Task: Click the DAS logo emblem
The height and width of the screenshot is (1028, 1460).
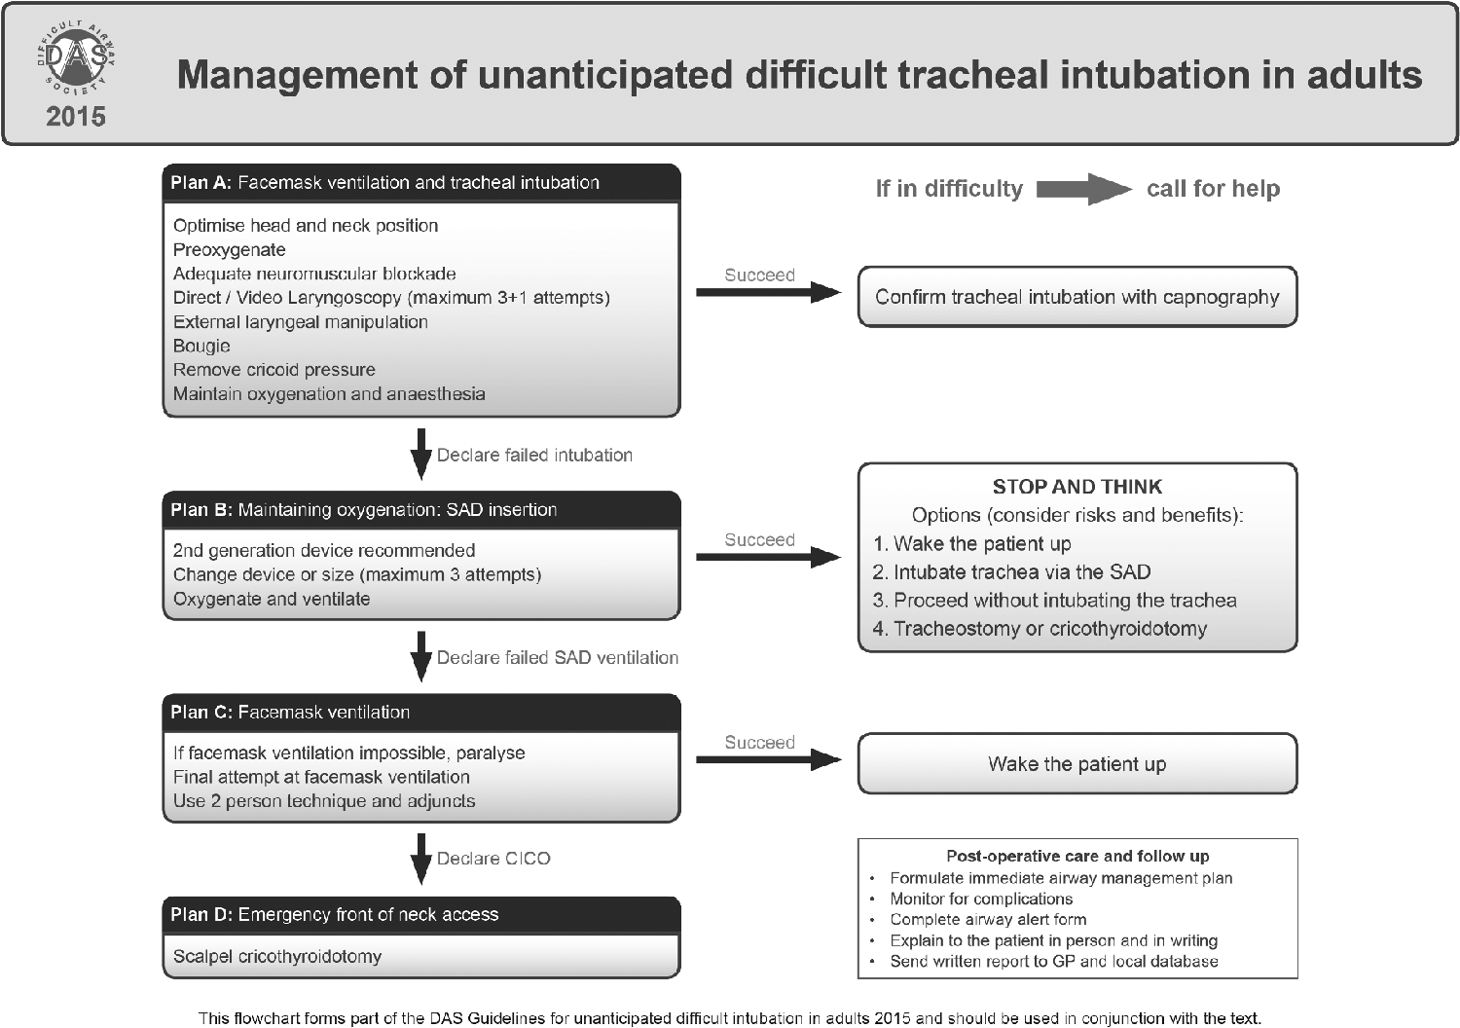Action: point(76,58)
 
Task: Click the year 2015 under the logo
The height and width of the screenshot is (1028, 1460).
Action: point(76,117)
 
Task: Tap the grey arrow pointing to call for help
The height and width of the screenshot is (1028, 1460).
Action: point(1084,189)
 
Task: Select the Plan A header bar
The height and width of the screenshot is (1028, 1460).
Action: point(421,182)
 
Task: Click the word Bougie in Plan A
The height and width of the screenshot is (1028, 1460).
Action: point(201,346)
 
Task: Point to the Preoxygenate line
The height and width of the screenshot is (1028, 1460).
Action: point(230,249)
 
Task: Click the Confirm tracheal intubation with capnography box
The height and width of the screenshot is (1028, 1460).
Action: point(1077,297)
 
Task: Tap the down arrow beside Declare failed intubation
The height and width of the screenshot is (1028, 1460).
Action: point(421,454)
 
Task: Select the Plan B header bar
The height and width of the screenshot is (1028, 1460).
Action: point(421,510)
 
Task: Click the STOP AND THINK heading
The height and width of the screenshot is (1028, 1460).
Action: point(1077,487)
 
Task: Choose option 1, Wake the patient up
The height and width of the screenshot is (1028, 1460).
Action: point(971,543)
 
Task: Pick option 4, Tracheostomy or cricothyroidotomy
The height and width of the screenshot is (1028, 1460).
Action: point(1040,629)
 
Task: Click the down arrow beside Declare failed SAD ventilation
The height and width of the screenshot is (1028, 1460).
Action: point(421,656)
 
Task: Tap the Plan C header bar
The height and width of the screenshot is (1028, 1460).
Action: point(421,713)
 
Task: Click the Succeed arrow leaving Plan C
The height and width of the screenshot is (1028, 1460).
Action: point(769,759)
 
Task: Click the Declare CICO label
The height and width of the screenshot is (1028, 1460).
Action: point(493,859)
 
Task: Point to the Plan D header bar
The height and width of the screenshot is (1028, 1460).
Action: point(421,915)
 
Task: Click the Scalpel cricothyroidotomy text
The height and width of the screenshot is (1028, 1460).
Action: point(277,956)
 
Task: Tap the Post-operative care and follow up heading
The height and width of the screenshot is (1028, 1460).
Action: point(1077,856)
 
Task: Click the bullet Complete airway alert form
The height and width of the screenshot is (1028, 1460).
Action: point(988,919)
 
